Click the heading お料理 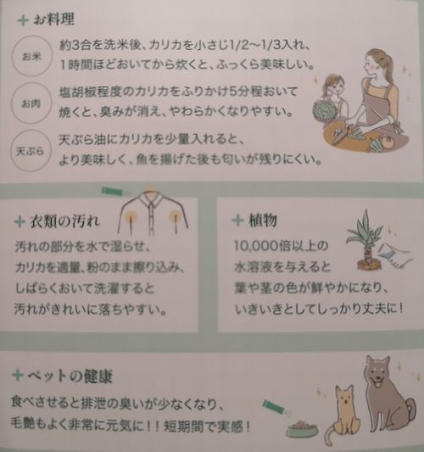tap(53, 20)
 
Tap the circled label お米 tap(31, 56)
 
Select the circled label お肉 tap(31, 103)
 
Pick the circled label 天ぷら tap(31, 151)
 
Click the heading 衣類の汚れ tap(64, 221)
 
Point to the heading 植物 tap(263, 220)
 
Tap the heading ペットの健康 tap(70, 376)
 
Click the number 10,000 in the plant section tap(255, 247)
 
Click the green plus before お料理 tap(23, 20)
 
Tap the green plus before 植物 tap(238, 220)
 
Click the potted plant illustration tap(366, 240)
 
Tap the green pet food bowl tap(303, 429)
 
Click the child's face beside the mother tap(335, 86)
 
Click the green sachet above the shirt tap(113, 192)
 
